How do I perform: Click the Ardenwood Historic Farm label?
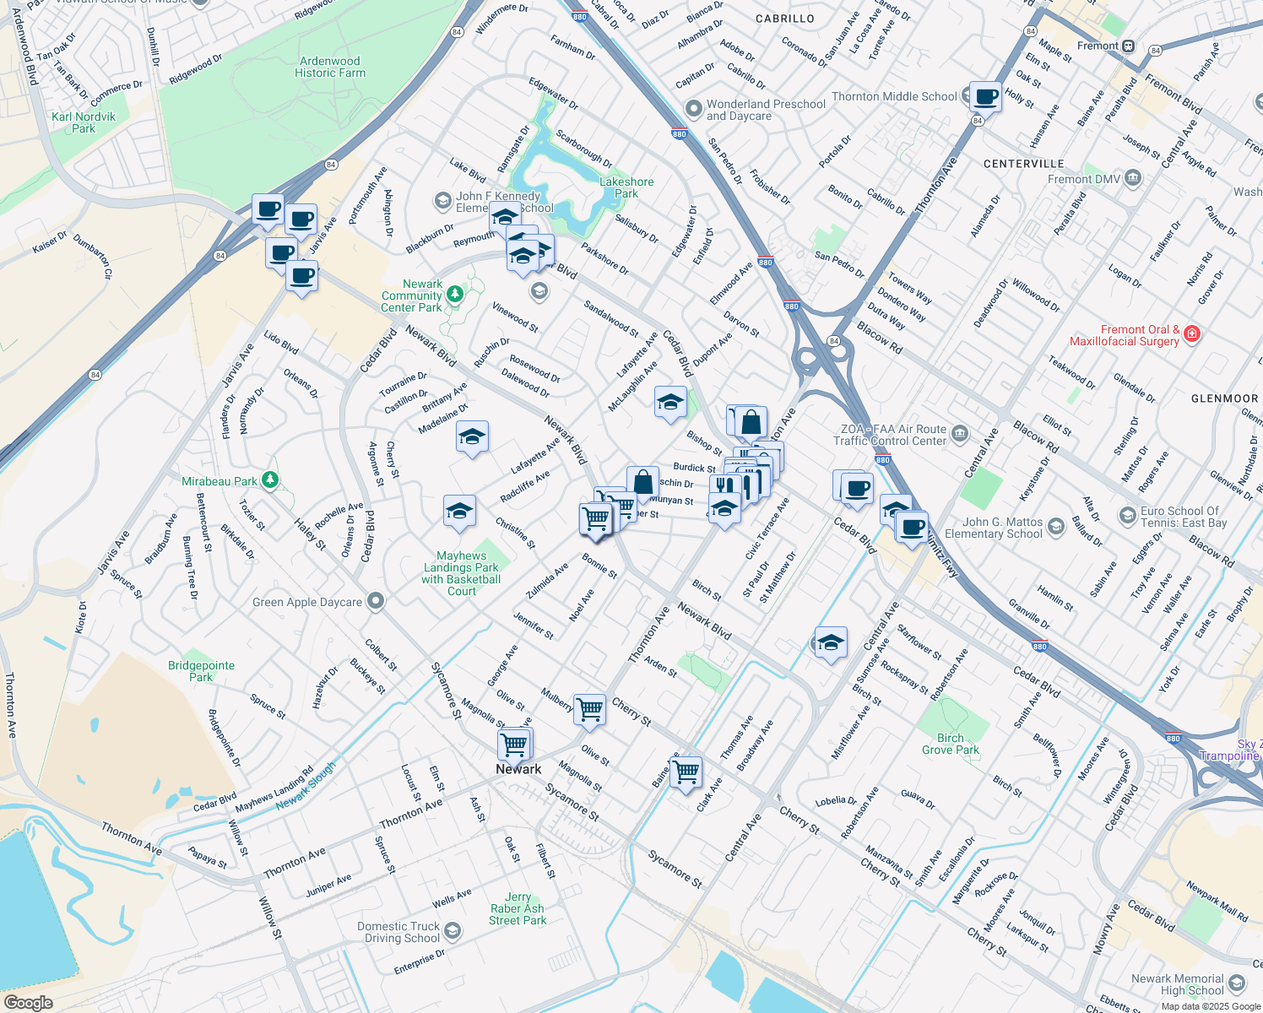tap(330, 68)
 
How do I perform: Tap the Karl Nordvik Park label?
tap(84, 122)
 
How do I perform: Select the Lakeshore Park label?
tap(626, 187)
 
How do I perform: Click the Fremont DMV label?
tap(1084, 179)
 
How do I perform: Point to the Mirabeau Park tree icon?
tap(270, 480)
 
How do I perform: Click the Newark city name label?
tap(518, 769)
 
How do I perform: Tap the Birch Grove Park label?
tap(951, 744)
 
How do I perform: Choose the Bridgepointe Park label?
tap(201, 671)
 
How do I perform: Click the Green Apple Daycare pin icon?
tap(377, 602)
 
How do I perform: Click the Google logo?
tap(28, 1002)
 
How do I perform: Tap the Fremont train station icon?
tap(1129, 46)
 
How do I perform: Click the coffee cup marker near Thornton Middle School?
tap(985, 97)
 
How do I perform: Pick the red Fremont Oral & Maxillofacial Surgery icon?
tap(1192, 333)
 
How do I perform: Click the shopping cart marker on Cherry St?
tap(589, 710)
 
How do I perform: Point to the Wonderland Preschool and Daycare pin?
tap(694, 109)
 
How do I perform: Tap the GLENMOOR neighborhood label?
tap(1224, 398)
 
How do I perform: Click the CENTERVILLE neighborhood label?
tap(1024, 164)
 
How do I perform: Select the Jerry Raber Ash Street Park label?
tap(518, 909)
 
